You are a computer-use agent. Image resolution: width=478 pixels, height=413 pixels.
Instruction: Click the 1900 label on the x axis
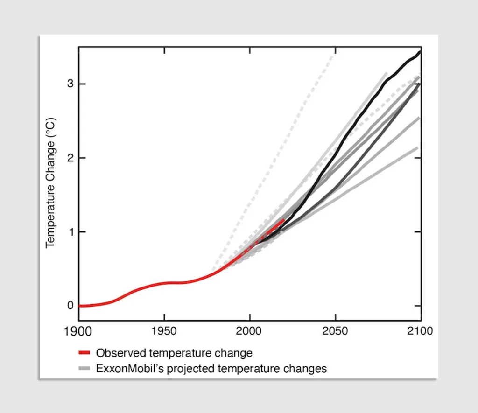[x=78, y=332]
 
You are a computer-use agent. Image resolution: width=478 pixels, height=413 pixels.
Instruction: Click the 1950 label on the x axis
[x=164, y=332]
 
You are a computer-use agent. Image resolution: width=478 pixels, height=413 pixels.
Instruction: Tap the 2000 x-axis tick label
[x=250, y=332]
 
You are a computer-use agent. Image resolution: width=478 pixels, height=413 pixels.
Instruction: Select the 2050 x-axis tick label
[x=335, y=332]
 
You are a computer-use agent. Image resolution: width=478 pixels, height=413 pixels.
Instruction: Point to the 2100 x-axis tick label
[x=420, y=332]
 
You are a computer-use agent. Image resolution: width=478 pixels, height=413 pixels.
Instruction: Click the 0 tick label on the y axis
[x=70, y=306]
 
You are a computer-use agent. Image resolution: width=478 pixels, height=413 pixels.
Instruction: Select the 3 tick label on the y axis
[x=70, y=84]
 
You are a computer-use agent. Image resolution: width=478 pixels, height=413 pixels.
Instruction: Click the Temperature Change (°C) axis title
[x=51, y=182]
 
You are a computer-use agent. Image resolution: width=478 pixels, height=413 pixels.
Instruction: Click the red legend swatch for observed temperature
[x=84, y=353]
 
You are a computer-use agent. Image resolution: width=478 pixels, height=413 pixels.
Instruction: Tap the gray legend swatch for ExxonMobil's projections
[x=84, y=369]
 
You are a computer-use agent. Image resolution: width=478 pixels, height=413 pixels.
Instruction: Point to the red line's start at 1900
[x=80, y=306]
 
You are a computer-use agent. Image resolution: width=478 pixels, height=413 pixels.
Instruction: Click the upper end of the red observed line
[x=283, y=220]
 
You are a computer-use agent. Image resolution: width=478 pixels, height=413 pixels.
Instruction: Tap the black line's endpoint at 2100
[x=420, y=52]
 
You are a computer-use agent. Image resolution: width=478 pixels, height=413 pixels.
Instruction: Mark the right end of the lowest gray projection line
[x=417, y=148]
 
